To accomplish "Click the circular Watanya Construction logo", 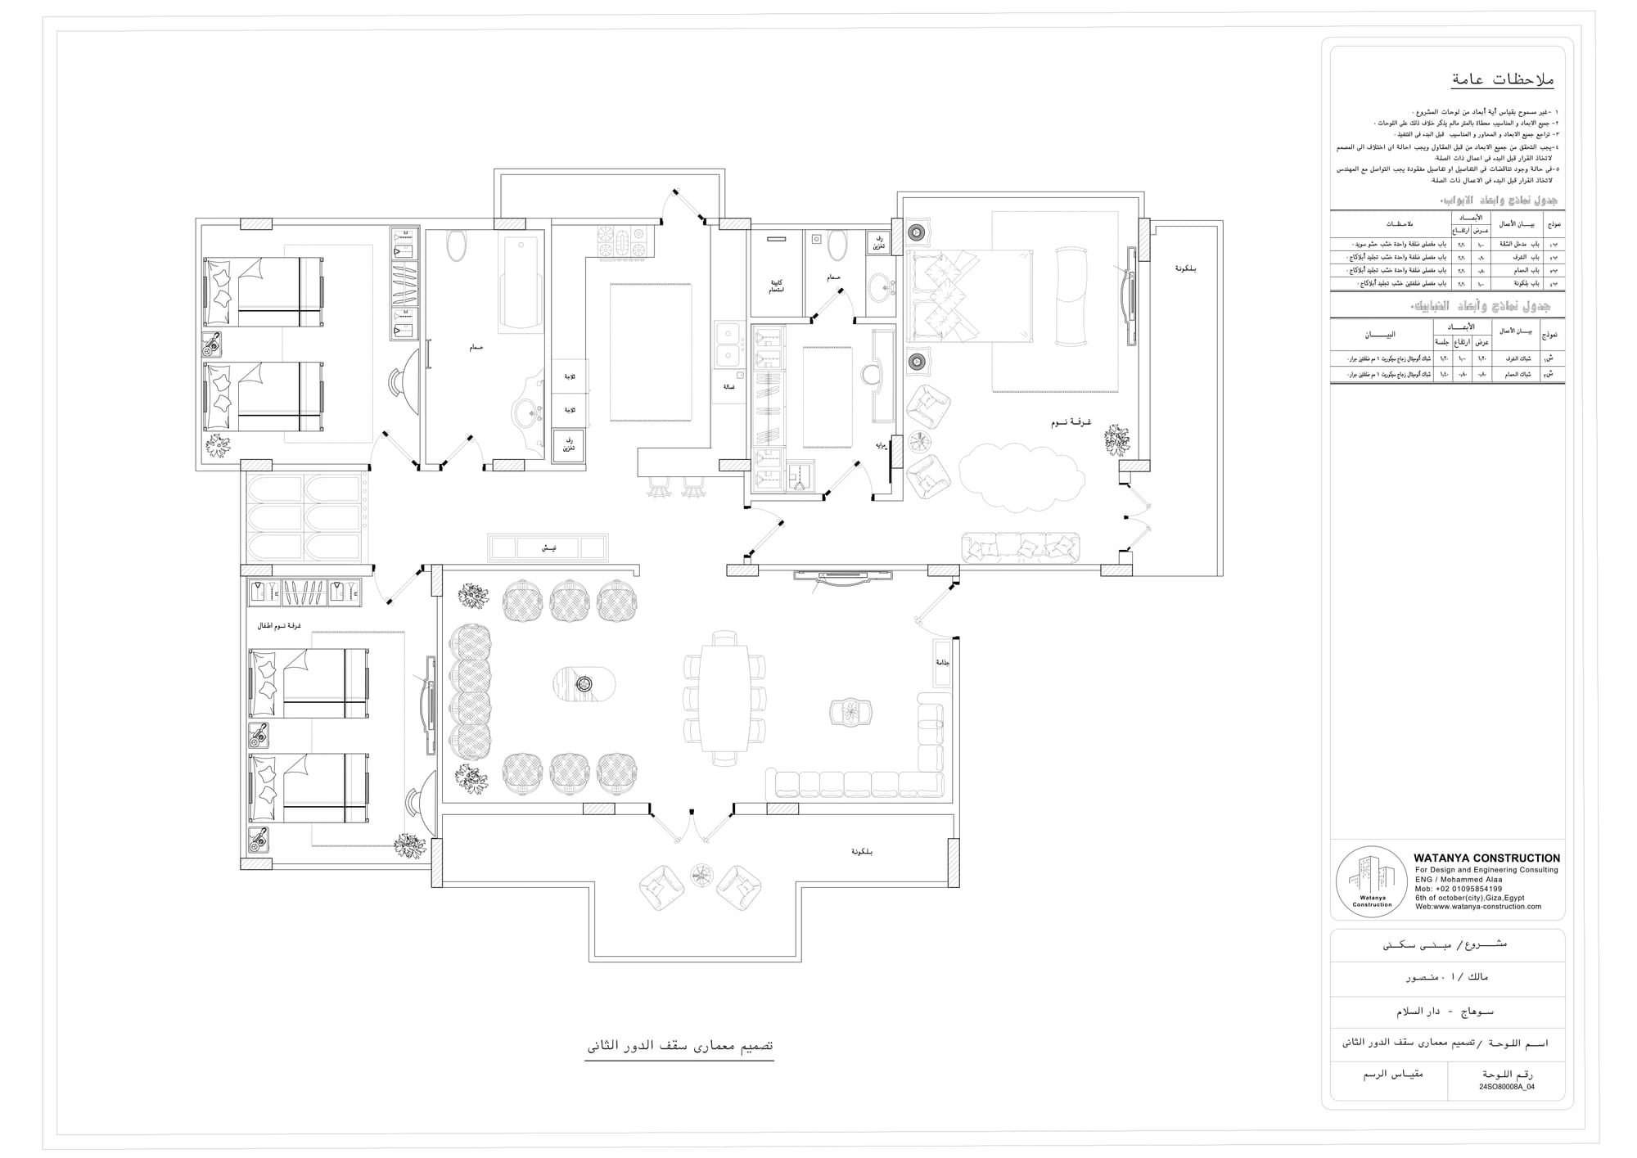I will tap(1372, 882).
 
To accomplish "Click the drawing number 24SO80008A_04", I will tap(1506, 1087).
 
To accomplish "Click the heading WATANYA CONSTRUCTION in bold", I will tap(1486, 858).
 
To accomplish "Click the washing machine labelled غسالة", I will tap(728, 386).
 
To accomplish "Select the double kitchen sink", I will tap(727, 345).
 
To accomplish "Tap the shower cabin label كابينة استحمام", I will tap(776, 286).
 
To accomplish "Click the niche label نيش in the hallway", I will tap(548, 547).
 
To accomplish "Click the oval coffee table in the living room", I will tap(584, 683).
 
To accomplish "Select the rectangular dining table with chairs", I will tap(724, 697).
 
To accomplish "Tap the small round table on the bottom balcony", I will tap(701, 876).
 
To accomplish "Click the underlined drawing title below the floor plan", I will tap(679, 1047).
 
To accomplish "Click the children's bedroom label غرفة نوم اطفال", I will tap(280, 626).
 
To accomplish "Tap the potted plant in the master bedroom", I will tap(1116, 439).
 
